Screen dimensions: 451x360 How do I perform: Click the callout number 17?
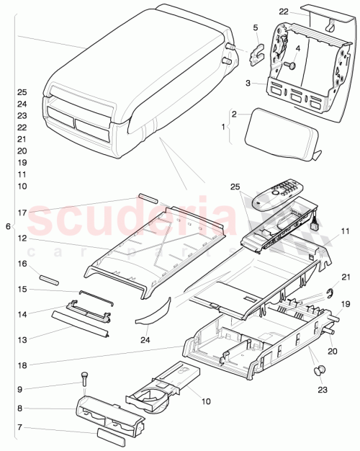coord(22,213)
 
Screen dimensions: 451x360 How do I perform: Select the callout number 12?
coord(22,238)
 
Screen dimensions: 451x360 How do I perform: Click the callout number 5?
coord(255,28)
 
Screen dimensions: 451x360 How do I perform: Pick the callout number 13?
coord(22,339)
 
